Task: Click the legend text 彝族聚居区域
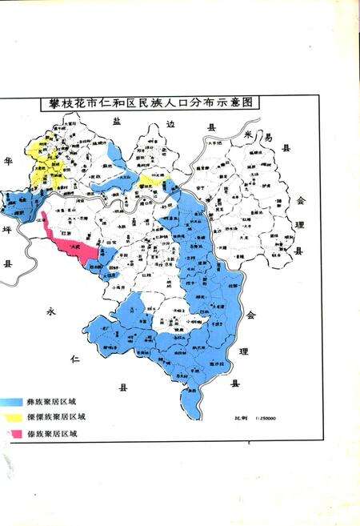point(58,400)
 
